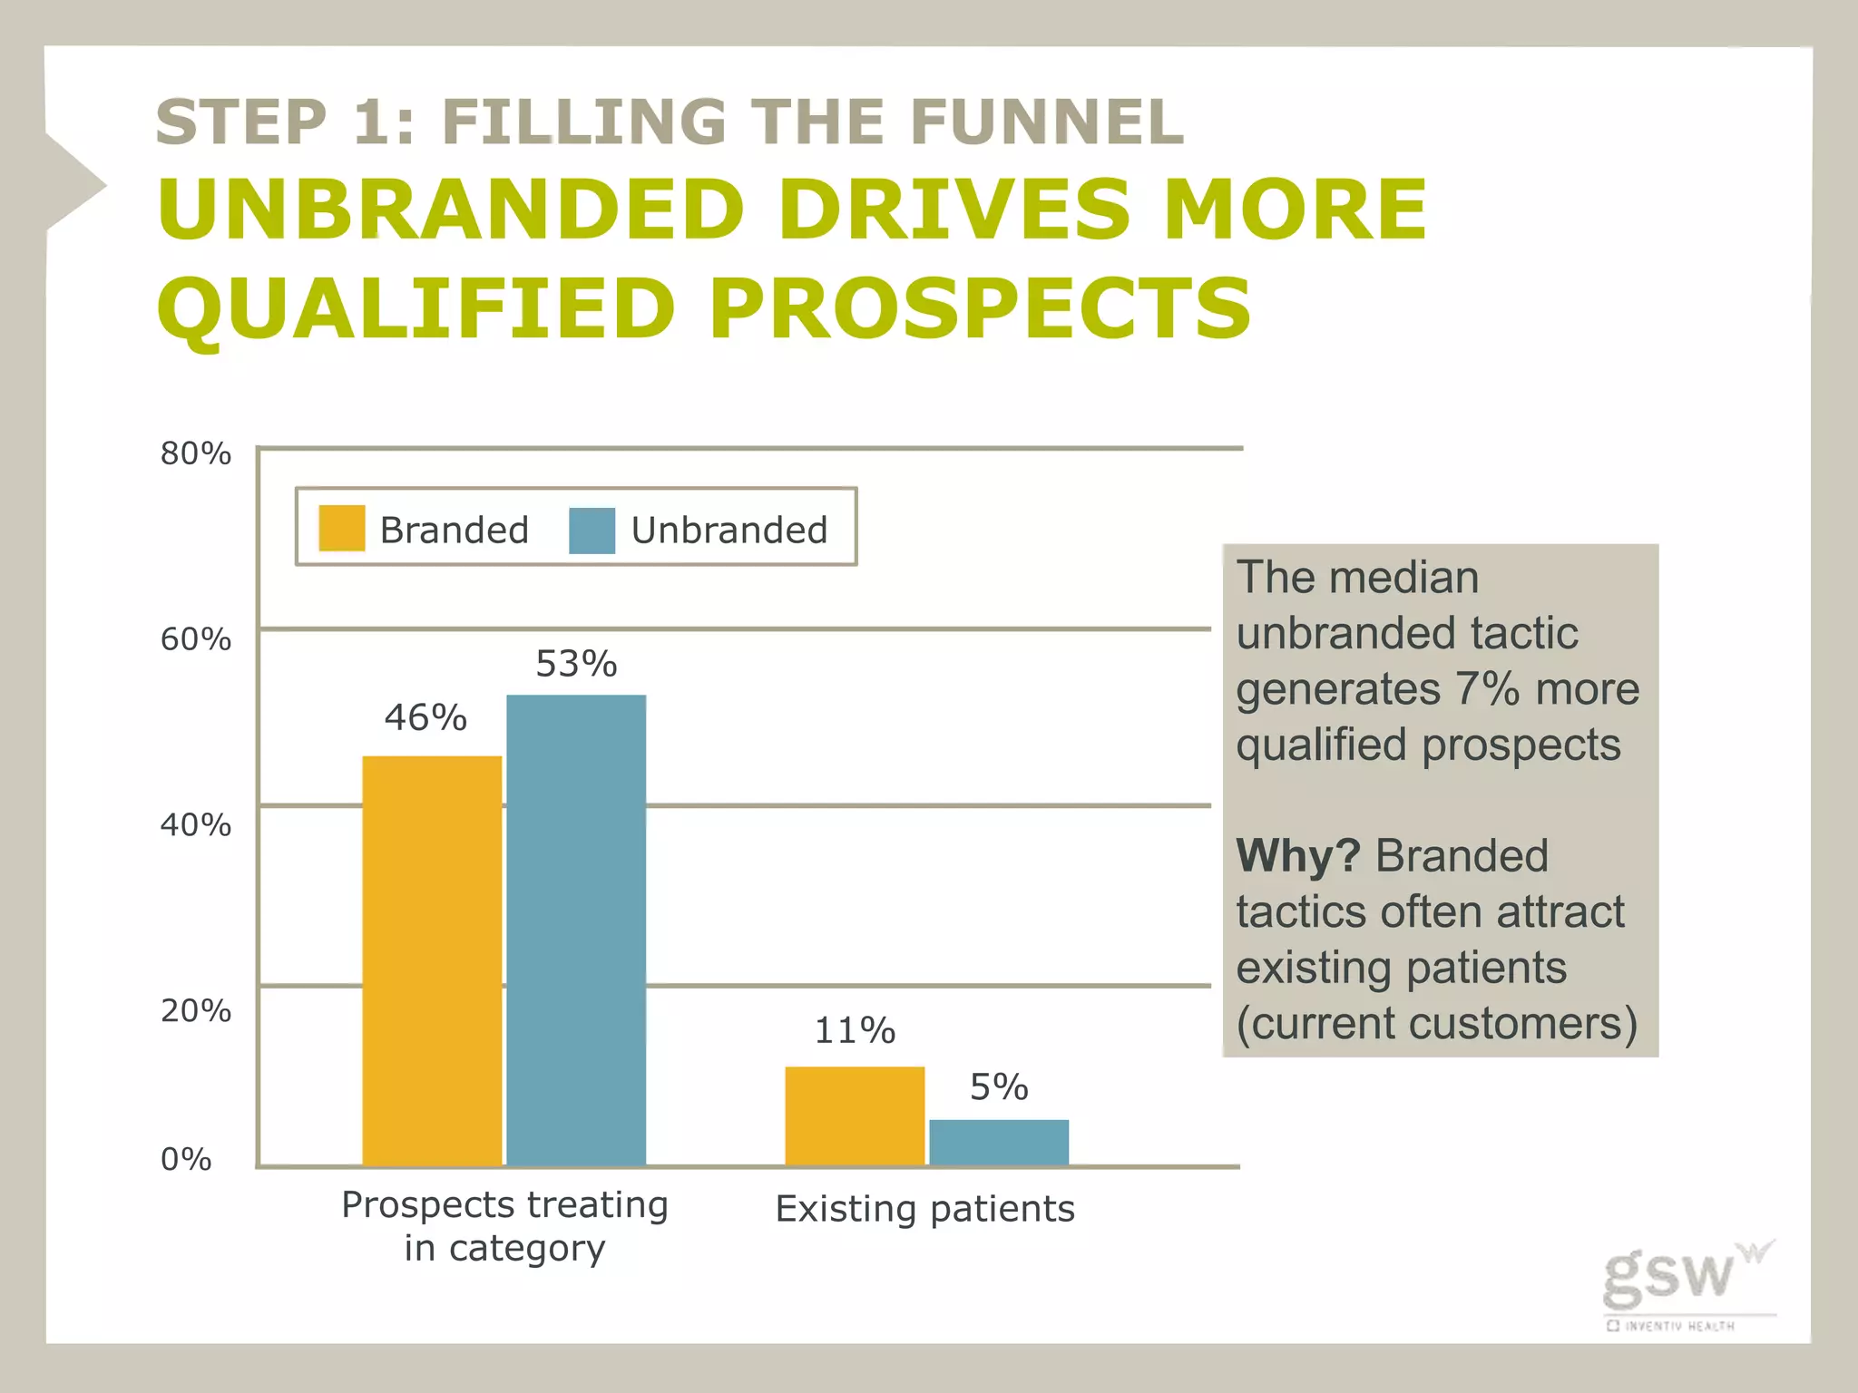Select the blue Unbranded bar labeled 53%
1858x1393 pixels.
(576, 930)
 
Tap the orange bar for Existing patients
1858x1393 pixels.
(855, 1115)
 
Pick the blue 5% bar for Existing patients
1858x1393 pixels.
(999, 1143)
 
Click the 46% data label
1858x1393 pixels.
(425, 717)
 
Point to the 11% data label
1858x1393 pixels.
(855, 1030)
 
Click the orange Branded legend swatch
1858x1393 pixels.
(342, 529)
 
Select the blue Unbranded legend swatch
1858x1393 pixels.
(592, 530)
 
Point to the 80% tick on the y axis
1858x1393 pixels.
(195, 453)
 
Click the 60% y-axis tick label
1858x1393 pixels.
(195, 639)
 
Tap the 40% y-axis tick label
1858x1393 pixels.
(195, 825)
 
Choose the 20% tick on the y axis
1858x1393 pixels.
(195, 1010)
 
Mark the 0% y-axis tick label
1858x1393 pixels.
(186, 1159)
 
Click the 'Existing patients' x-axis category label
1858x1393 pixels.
(925, 1209)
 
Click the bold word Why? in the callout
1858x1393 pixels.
(1297, 855)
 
